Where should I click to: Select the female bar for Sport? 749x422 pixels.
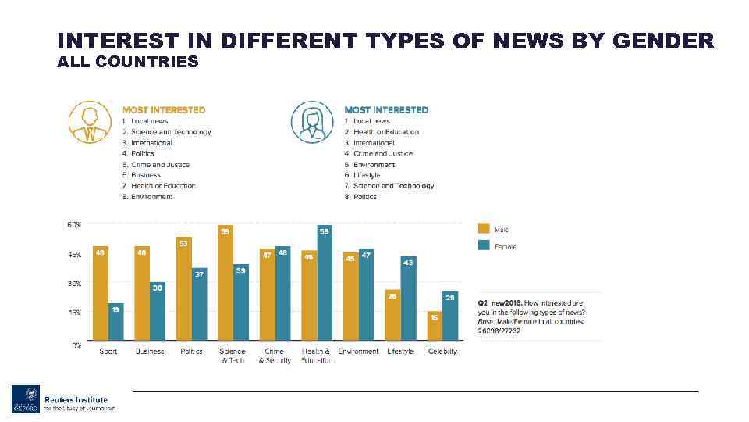pos(115,322)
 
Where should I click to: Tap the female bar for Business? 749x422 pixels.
pos(158,311)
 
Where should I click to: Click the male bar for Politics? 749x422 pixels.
pos(184,289)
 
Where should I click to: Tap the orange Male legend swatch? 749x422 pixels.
pos(484,229)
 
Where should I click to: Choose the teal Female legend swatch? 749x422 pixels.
pos(484,246)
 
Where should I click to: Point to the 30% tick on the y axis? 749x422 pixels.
pos(73,284)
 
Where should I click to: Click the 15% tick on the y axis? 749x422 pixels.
pos(73,313)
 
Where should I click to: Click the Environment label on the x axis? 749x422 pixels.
pos(358,352)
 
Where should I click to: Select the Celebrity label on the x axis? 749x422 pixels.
pos(442,352)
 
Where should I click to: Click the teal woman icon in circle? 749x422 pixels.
pos(312,123)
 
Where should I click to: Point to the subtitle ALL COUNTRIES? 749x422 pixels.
pos(128,62)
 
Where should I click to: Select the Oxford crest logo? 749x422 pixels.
pos(25,399)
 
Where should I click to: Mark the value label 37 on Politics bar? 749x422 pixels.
pos(200,274)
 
